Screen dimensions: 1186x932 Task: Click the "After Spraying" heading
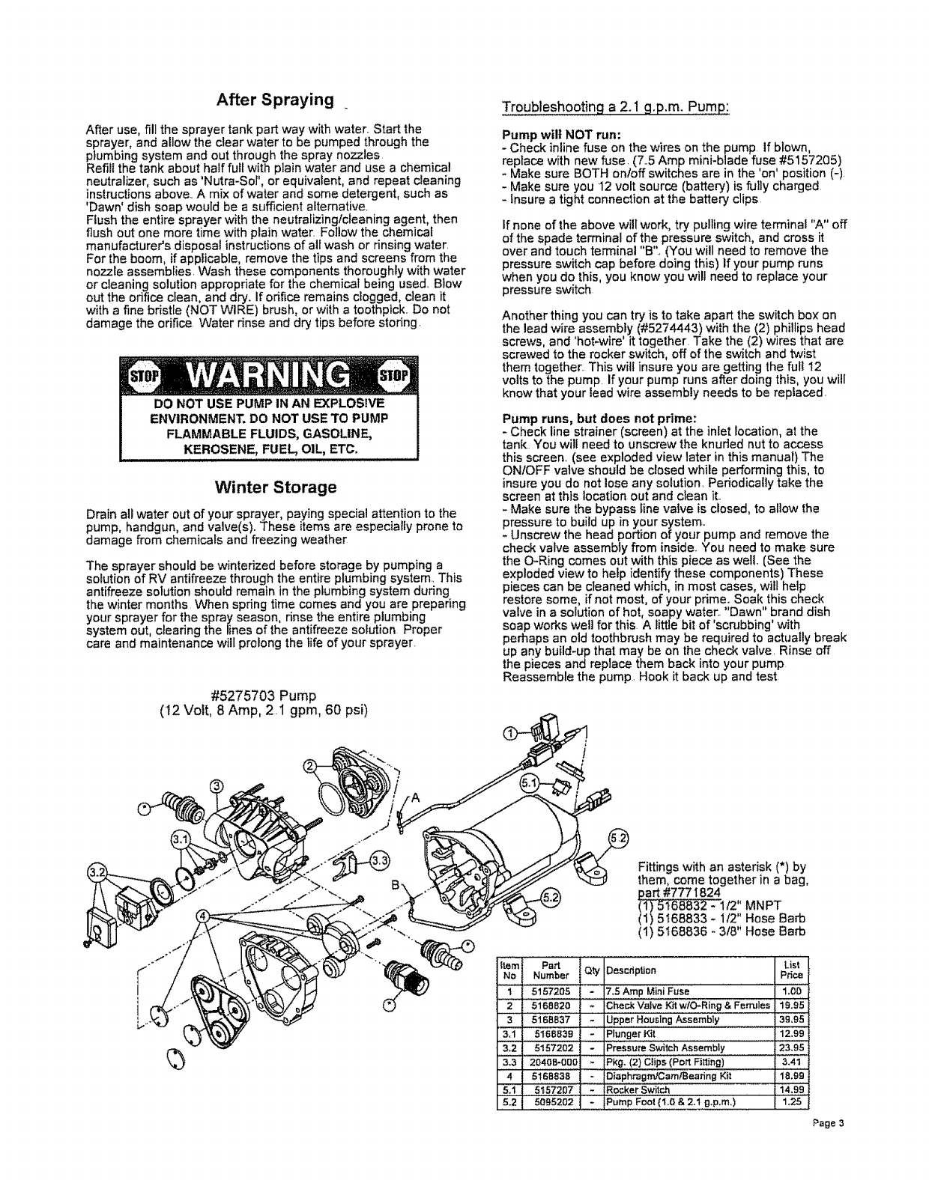[x=275, y=100]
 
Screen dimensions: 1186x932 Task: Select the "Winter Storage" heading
[x=276, y=487]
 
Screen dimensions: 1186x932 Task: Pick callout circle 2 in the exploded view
[x=309, y=764]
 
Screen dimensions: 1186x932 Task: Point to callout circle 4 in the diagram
[x=202, y=916]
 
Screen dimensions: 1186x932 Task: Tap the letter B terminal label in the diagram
[x=393, y=884]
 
